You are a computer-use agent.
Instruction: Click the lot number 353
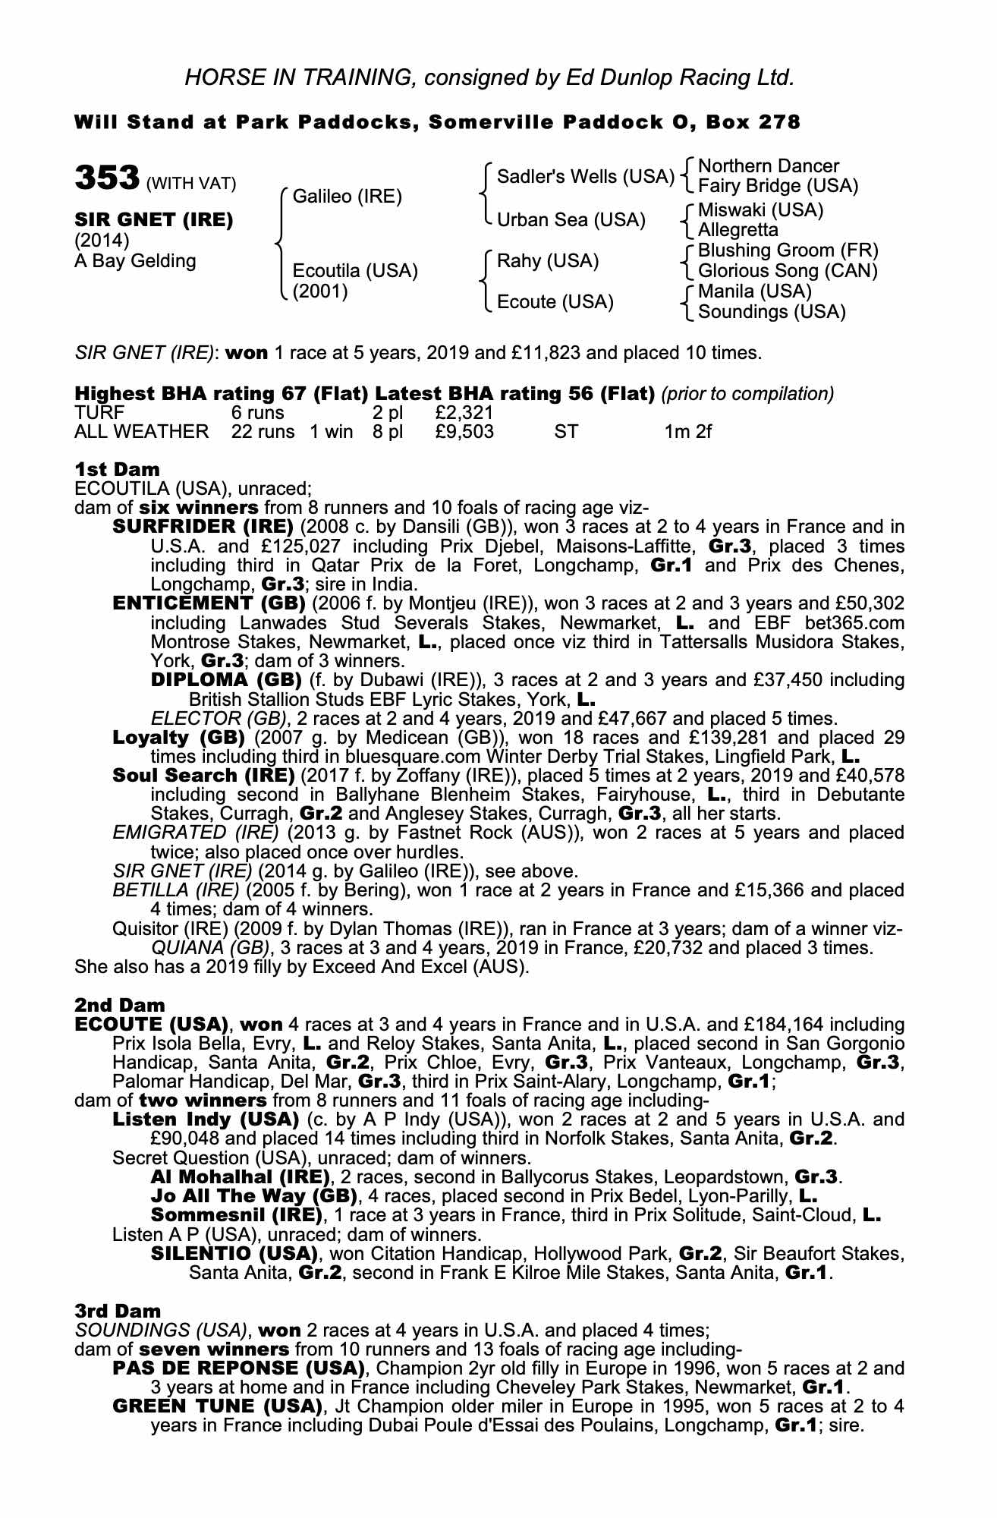105,179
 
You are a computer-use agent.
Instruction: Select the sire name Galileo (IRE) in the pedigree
347,197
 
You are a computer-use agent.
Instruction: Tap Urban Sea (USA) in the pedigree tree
571,220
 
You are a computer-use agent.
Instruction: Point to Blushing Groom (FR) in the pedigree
788,250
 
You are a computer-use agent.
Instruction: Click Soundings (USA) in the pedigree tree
772,311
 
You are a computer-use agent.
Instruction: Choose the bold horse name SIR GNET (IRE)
154,220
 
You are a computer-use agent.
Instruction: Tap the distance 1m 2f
687,432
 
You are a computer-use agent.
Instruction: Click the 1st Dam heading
118,470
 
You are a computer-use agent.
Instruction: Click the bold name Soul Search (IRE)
203,775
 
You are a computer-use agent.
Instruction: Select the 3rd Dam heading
118,1311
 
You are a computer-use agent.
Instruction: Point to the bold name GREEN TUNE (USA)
213,1406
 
